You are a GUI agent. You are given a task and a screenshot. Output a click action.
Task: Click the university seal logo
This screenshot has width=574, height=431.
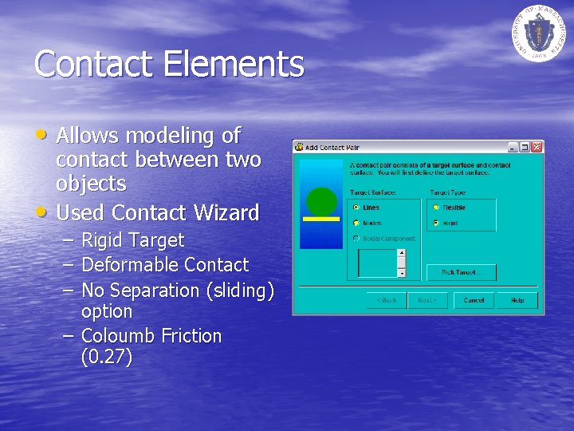[539, 31]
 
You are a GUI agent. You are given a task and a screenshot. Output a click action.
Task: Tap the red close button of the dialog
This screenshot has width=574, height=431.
[537, 147]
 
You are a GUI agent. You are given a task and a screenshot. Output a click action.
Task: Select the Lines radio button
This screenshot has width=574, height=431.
[356, 208]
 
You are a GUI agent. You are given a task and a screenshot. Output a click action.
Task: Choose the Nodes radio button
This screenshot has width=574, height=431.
[356, 223]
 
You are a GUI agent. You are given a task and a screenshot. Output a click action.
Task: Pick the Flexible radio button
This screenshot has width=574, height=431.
[435, 208]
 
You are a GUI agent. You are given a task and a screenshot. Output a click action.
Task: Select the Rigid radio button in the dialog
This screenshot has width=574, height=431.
[435, 223]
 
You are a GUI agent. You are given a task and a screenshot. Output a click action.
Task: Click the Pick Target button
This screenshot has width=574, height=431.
[461, 272]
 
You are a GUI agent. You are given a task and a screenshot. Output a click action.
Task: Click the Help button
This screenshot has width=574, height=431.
[517, 300]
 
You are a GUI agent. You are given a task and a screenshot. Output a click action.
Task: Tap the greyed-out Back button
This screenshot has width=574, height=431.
[386, 300]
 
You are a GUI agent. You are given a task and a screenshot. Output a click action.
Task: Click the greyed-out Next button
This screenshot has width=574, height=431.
[427, 300]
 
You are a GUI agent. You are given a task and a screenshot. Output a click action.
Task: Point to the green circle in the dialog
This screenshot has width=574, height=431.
[322, 200]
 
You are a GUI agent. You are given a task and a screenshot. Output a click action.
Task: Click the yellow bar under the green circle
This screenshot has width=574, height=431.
[321, 218]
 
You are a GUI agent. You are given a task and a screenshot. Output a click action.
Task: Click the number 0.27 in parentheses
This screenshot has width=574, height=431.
[107, 357]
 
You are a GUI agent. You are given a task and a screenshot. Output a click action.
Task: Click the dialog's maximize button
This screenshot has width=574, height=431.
[525, 147]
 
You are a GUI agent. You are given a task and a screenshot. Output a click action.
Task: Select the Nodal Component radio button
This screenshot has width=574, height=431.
[356, 239]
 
